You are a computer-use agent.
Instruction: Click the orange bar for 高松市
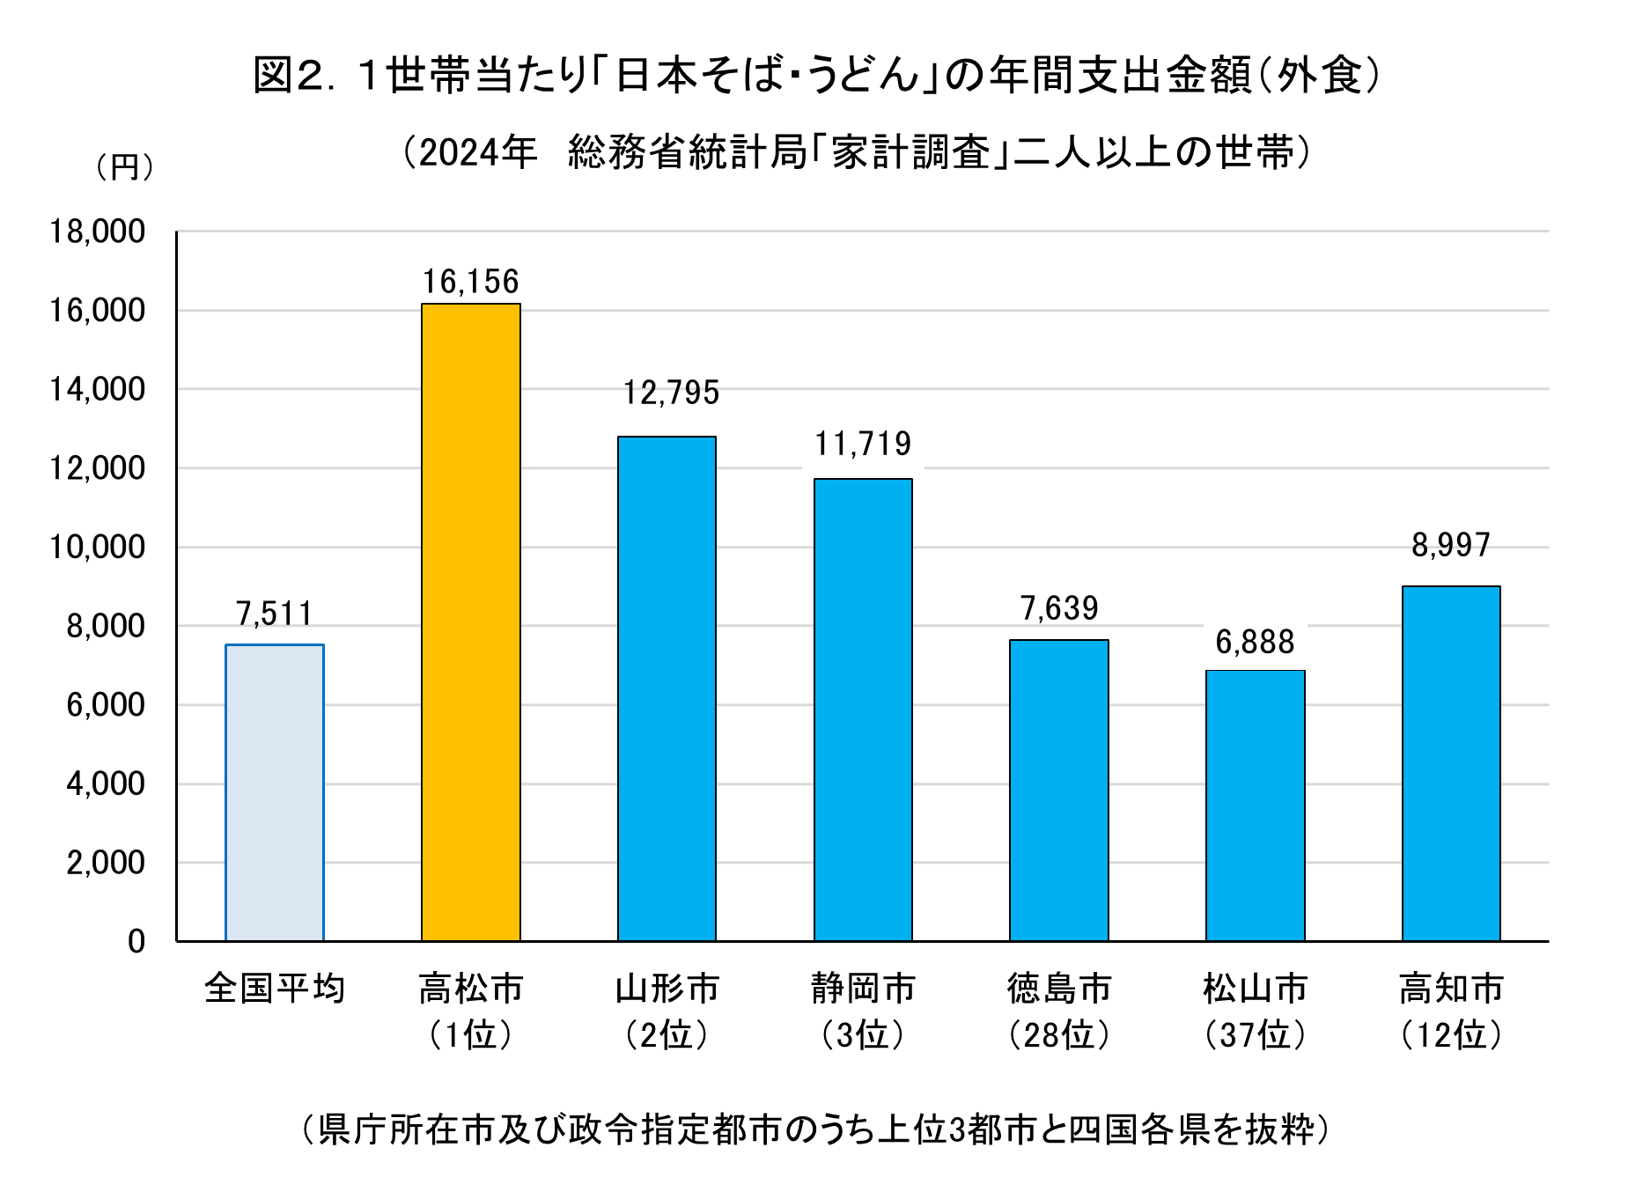click(x=470, y=622)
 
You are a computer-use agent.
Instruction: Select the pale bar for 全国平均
click(x=275, y=792)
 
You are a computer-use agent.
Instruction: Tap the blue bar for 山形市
click(x=667, y=688)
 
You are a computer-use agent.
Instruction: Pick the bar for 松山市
click(x=1255, y=806)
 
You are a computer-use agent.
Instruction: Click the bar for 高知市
click(x=1450, y=763)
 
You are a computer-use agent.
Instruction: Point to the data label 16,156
click(x=470, y=282)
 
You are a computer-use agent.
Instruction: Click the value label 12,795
click(x=671, y=393)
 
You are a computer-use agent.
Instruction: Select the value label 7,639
click(x=1059, y=608)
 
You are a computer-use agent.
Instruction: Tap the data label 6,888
click(x=1255, y=643)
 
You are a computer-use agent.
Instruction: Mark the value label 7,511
click(x=275, y=614)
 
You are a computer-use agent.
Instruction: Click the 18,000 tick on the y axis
click(x=97, y=232)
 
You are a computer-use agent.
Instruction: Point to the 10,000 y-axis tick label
click(x=97, y=548)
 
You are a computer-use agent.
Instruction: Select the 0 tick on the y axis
click(x=136, y=942)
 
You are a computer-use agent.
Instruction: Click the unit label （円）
click(x=124, y=166)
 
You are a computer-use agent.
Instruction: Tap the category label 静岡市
click(x=863, y=988)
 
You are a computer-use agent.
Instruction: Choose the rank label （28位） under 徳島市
click(x=1059, y=1035)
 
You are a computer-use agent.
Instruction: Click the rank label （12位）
click(x=1450, y=1035)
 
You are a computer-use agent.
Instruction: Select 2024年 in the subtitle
click(x=477, y=153)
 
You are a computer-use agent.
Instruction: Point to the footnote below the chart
click(x=814, y=1129)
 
